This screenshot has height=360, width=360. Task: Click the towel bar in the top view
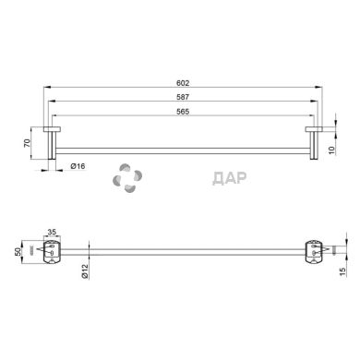(x=185, y=149)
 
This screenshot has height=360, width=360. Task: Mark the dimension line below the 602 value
(x=185, y=87)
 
